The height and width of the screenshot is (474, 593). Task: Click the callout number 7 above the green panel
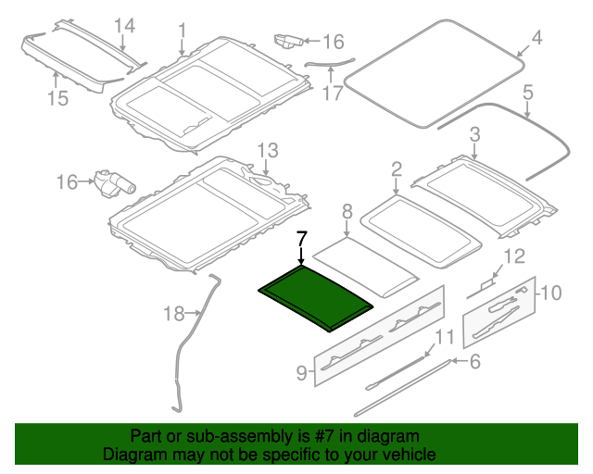(300, 239)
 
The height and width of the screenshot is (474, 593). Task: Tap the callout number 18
(174, 314)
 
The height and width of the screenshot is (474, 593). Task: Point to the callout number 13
(267, 150)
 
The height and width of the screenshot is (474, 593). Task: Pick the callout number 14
(124, 26)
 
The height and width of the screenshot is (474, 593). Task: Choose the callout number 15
(57, 97)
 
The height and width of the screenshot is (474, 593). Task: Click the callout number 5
(528, 93)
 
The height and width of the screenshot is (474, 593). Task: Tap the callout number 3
(474, 135)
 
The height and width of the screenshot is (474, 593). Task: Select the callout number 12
(513, 256)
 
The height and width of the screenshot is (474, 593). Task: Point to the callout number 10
(550, 293)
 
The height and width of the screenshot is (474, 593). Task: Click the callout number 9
(301, 372)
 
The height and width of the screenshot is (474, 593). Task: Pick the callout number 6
(474, 362)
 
